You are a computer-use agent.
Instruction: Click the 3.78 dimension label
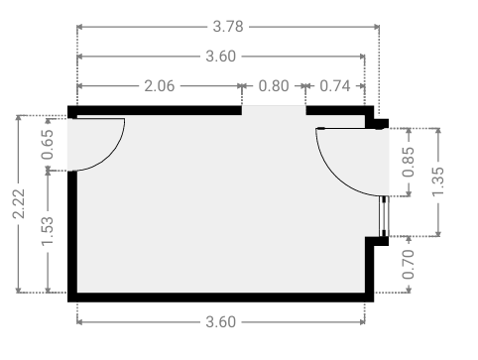pyautogui.click(x=228, y=27)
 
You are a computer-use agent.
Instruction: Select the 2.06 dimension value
pyautogui.click(x=160, y=86)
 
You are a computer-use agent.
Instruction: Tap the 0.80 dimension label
pyautogui.click(x=274, y=86)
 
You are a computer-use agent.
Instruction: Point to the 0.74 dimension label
pyautogui.click(x=335, y=86)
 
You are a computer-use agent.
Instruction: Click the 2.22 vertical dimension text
pyautogui.click(x=19, y=203)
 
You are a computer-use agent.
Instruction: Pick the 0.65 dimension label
pyautogui.click(x=48, y=145)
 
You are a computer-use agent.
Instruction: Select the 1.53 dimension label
pyautogui.click(x=48, y=231)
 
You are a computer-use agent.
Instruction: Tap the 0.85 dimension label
pyautogui.click(x=409, y=162)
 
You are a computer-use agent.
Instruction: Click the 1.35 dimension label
pyautogui.click(x=438, y=182)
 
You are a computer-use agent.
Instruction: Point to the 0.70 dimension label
pyautogui.click(x=409, y=265)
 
